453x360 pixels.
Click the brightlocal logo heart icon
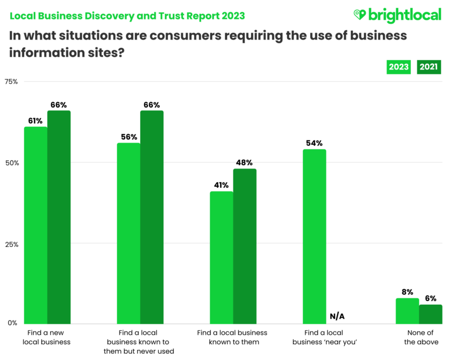(x=360, y=14)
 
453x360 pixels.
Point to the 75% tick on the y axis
(x=12, y=82)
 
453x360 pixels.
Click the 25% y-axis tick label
(x=12, y=245)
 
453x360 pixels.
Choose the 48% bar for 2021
(x=244, y=246)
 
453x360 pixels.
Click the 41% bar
(x=221, y=257)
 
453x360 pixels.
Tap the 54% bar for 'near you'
(x=314, y=236)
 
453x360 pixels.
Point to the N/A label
(x=337, y=316)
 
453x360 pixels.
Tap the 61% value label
(x=35, y=121)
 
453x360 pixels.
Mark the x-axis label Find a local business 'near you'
(x=325, y=337)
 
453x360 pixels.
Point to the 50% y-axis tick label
(x=12, y=163)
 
